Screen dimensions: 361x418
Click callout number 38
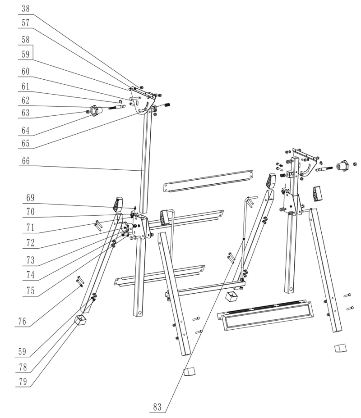click(25, 9)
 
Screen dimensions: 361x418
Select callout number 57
click(25, 23)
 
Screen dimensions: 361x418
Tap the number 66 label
click(26, 161)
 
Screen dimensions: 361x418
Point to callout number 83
click(157, 407)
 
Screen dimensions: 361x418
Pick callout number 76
click(23, 322)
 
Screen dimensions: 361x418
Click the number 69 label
click(30, 198)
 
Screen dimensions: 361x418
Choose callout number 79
click(23, 382)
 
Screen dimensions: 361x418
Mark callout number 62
click(25, 100)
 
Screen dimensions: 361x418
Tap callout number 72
click(30, 243)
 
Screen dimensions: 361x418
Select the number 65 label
click(25, 143)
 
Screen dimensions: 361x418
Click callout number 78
click(23, 368)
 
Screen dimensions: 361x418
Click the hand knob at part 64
click(95, 111)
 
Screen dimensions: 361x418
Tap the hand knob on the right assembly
click(341, 166)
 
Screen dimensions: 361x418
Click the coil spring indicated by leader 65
click(167, 105)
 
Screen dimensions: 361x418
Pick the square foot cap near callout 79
click(81, 320)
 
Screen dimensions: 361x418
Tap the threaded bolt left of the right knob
click(324, 169)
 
